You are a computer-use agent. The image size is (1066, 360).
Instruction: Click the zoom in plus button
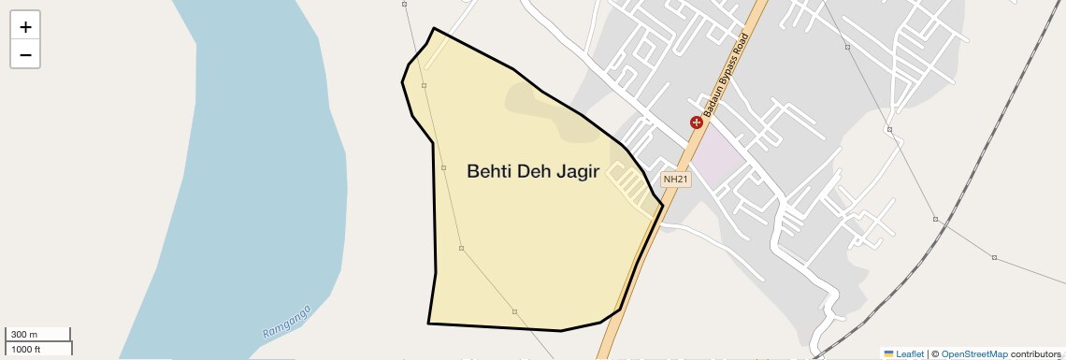click(x=25, y=27)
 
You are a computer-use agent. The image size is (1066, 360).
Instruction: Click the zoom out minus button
click(x=25, y=55)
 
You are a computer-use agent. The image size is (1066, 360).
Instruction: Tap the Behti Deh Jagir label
click(x=532, y=171)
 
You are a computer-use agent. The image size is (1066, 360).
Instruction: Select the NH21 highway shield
click(x=675, y=180)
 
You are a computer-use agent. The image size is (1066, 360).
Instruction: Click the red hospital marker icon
click(x=696, y=122)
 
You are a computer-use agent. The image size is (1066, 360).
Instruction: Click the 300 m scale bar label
click(x=24, y=335)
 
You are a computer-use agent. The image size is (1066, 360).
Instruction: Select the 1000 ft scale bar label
click(x=26, y=349)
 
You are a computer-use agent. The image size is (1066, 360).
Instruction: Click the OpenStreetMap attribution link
click(x=974, y=354)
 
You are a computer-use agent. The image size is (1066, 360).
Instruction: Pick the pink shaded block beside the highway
click(x=720, y=150)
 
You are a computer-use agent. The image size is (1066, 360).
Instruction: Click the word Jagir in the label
click(x=572, y=171)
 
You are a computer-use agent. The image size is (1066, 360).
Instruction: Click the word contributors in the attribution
click(x=1036, y=354)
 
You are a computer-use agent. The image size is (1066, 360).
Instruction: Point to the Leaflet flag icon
click(x=888, y=354)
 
